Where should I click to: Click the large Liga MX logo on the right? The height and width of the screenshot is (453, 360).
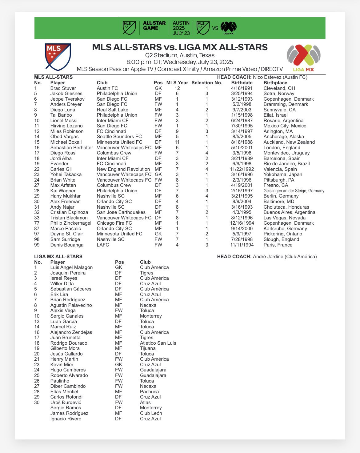303,57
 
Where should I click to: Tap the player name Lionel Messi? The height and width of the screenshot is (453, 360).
64,121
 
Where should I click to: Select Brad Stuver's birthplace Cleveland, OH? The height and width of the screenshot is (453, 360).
279,88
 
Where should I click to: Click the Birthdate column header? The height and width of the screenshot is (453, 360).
242,83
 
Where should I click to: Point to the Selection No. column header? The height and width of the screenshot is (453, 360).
206,83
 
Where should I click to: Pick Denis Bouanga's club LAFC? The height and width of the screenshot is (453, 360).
103,245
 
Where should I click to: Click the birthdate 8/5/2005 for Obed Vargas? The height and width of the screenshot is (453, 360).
242,137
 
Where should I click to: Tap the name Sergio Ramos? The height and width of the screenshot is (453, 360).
66,408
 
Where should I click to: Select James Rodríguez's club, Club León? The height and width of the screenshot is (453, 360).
151,413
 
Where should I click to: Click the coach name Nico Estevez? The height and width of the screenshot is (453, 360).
266,77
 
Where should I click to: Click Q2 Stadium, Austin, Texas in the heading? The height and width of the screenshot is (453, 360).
180,55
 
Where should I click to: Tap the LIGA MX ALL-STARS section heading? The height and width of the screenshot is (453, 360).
58,257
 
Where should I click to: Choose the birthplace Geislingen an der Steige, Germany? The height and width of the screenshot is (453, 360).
294,191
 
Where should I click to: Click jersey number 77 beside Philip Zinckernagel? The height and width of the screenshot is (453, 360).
37,223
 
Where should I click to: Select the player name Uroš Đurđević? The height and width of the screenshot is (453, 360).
66,403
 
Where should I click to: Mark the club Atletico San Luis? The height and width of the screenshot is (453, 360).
158,343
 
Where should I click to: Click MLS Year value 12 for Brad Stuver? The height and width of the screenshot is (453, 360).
177,88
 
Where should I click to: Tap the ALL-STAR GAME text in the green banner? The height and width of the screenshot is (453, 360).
154,26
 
